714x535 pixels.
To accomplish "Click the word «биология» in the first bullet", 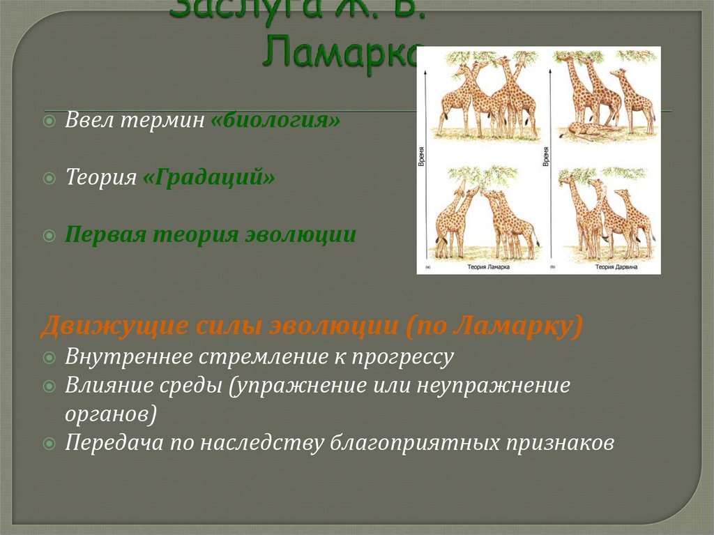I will (x=275, y=120).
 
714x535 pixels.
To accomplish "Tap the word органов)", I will (x=111, y=414).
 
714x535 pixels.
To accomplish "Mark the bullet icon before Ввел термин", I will (x=49, y=121).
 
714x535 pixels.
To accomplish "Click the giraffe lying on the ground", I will (x=586, y=130).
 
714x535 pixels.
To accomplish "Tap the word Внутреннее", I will (x=126, y=357).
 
